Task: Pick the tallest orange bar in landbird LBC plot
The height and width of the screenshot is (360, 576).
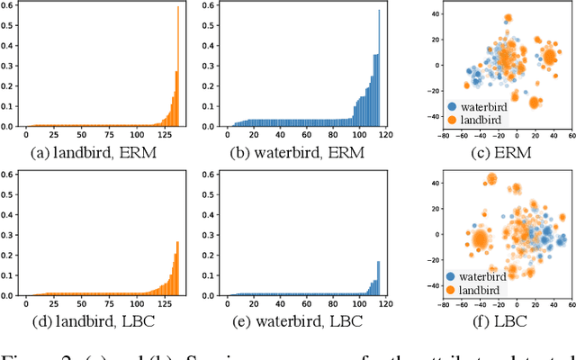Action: pos(177,267)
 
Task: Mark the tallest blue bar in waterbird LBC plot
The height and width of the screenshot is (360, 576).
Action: pos(378,278)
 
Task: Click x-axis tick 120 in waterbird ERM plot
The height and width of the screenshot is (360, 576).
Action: pos(385,134)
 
